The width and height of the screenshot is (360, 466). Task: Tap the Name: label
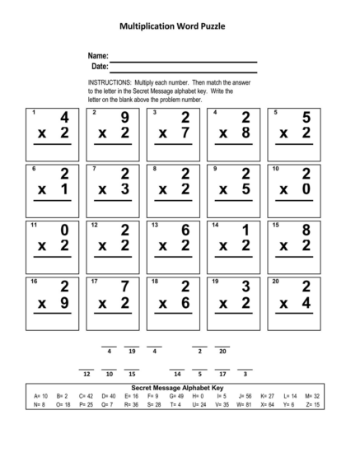coord(98,55)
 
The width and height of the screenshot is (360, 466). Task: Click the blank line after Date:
coord(183,70)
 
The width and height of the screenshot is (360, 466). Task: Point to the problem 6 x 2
coord(175,240)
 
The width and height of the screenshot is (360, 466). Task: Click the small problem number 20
coord(276,282)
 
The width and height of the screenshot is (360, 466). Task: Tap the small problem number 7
coord(95,169)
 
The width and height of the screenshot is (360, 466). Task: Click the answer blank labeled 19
coord(132,347)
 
